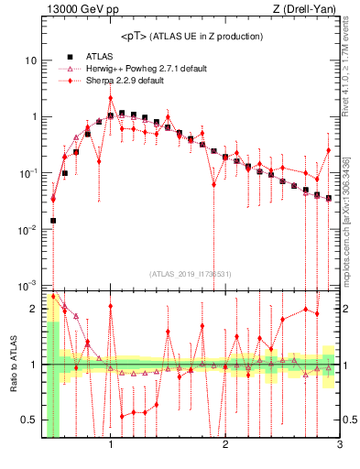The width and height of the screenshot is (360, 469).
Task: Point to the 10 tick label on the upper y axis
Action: click(31, 60)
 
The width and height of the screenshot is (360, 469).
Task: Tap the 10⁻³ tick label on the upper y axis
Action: click(27, 285)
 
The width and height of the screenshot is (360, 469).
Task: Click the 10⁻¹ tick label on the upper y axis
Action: click(27, 173)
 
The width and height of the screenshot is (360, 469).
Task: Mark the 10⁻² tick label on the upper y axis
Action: click(27, 229)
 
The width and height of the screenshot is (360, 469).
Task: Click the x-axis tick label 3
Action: click(339, 446)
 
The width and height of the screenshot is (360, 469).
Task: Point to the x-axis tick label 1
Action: click(111, 446)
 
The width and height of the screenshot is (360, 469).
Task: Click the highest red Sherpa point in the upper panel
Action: click(111, 97)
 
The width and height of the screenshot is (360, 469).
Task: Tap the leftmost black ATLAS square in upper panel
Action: click(53, 220)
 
